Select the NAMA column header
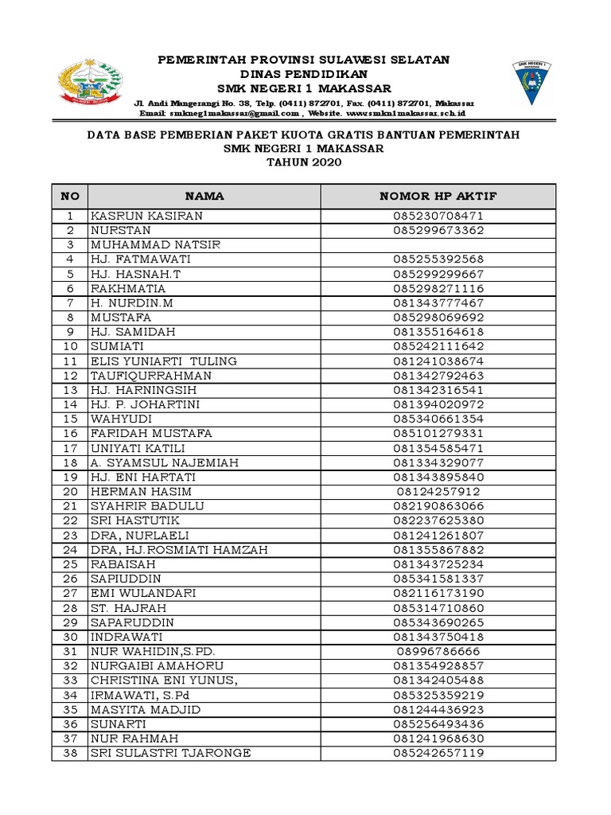pyautogui.click(x=204, y=196)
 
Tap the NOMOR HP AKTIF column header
pyautogui.click(x=438, y=196)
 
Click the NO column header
pyautogui.click(x=70, y=196)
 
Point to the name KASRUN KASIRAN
pyautogui.click(x=146, y=216)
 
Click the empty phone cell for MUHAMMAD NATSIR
pyautogui.click(x=438, y=244)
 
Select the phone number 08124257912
pyautogui.click(x=438, y=491)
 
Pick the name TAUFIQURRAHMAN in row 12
pyautogui.click(x=151, y=375)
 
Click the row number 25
pyautogui.click(x=70, y=563)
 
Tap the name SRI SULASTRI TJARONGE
pyautogui.click(x=170, y=752)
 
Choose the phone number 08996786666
pyautogui.click(x=438, y=650)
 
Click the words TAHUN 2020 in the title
pyautogui.click(x=303, y=162)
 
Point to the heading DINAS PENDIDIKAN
pyautogui.click(x=303, y=74)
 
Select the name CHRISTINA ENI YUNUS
pyautogui.click(x=164, y=680)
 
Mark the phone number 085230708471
pyautogui.click(x=438, y=216)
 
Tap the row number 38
pyautogui.click(x=70, y=752)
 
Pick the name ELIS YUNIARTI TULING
pyautogui.click(x=163, y=361)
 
